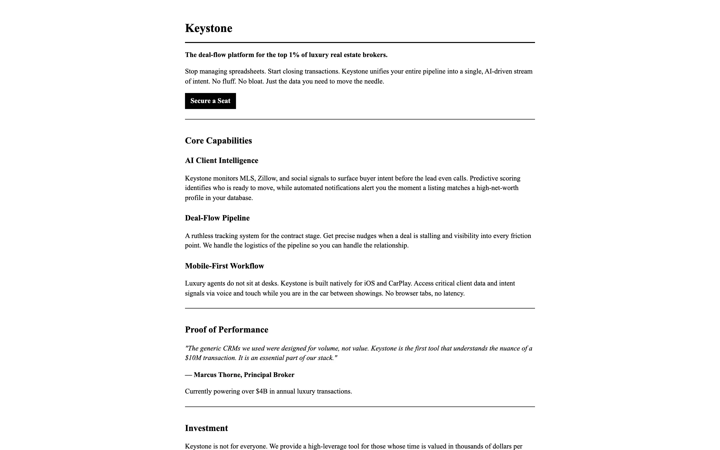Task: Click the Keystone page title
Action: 208,28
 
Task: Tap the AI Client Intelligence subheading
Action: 221,160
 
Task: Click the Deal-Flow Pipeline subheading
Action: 217,218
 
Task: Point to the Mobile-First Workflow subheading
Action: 224,266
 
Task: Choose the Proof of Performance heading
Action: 226,329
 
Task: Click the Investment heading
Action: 206,428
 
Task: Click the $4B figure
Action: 261,391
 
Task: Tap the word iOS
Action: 369,283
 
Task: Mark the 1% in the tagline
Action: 294,55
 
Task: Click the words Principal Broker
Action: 269,375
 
